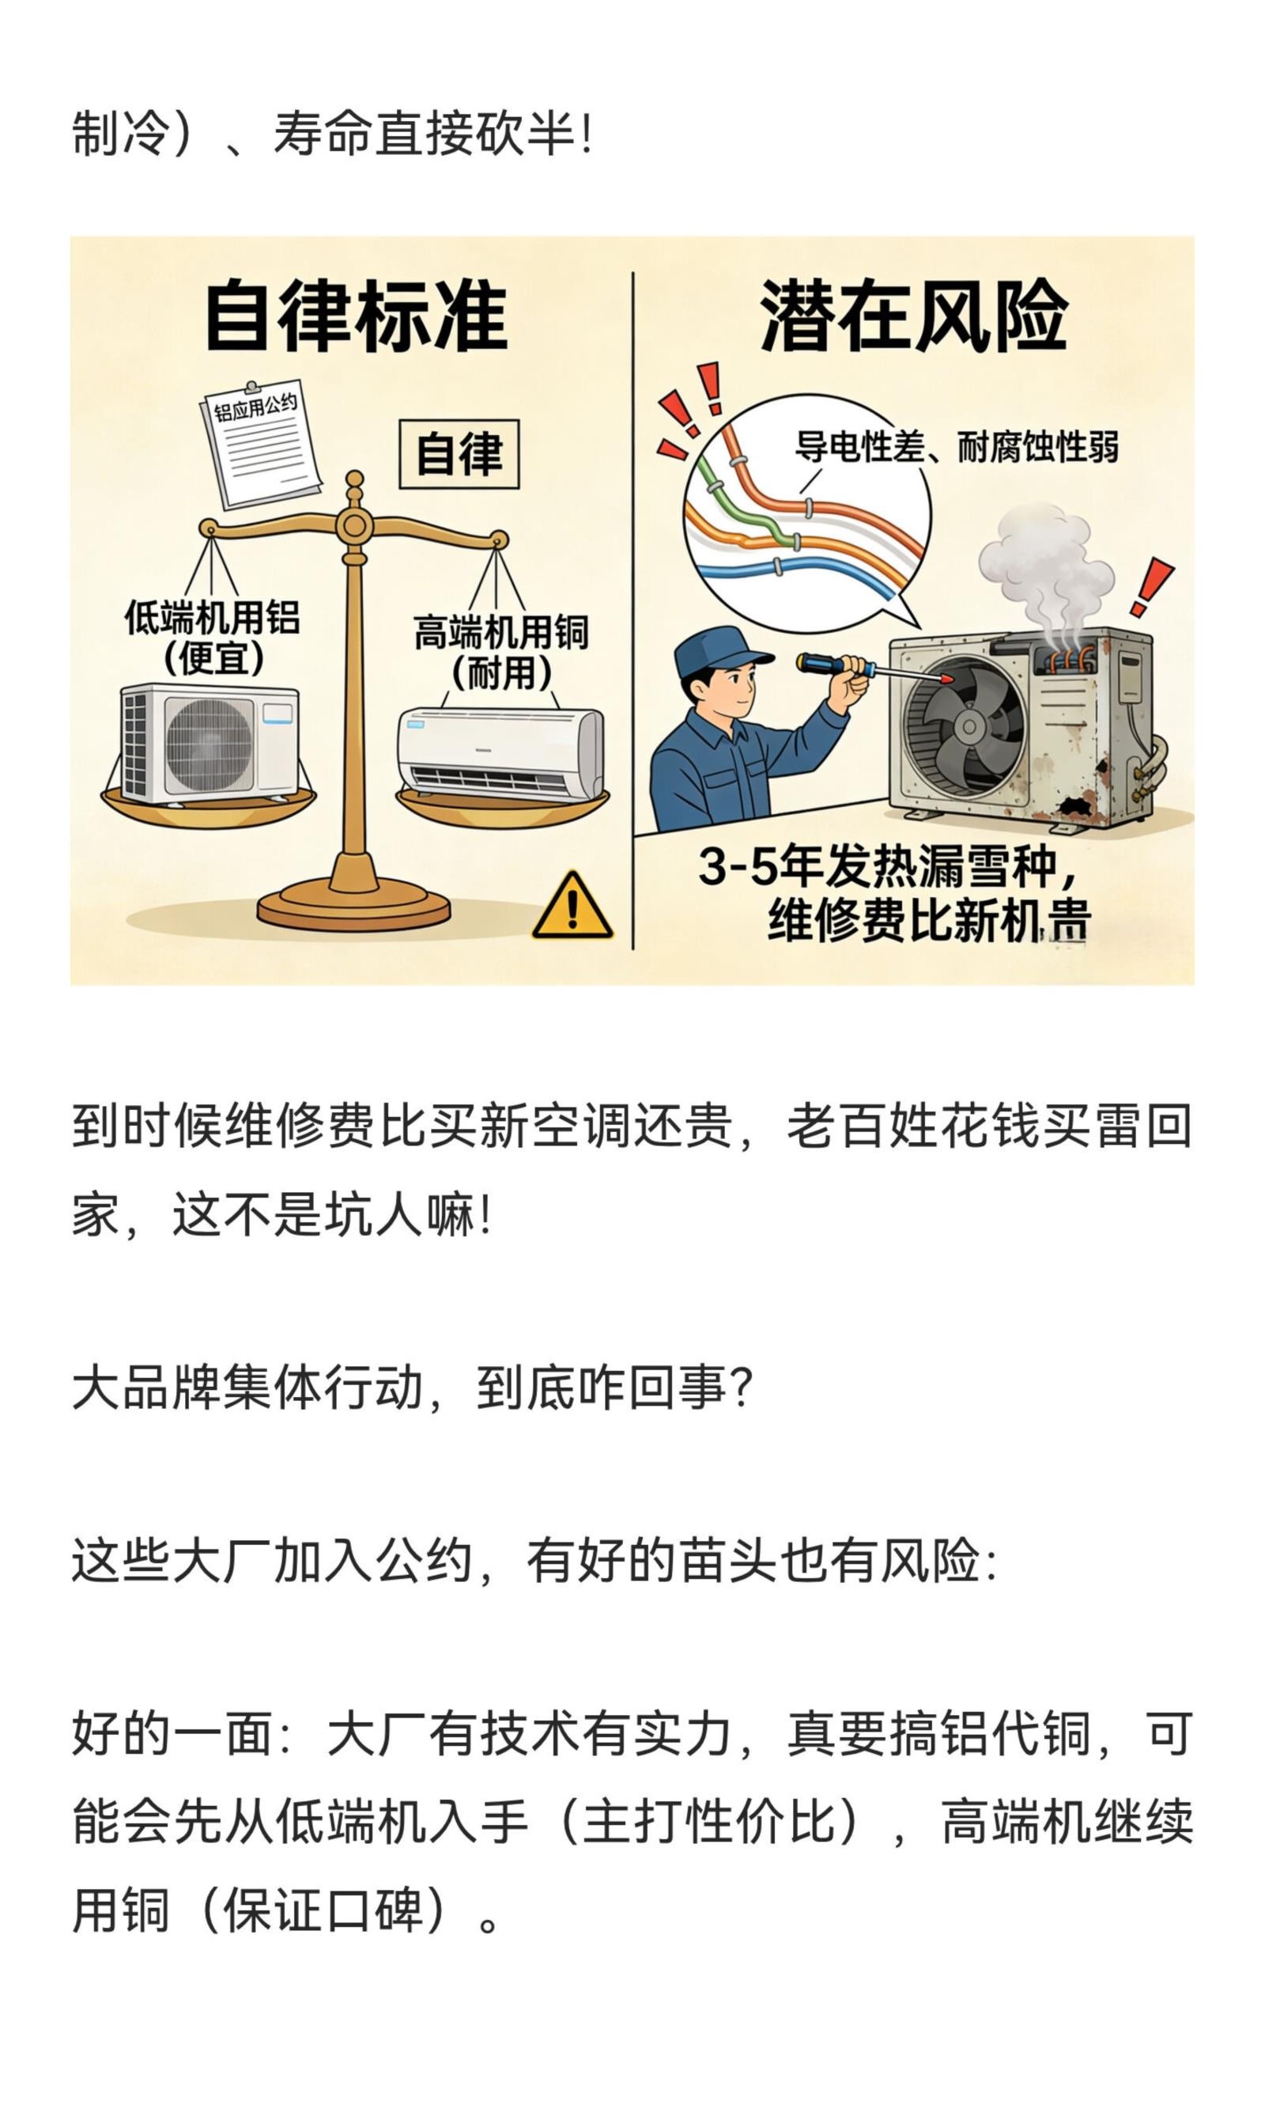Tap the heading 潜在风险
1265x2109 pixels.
(913, 316)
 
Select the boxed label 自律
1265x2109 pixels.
(459, 454)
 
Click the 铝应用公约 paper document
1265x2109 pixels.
(261, 444)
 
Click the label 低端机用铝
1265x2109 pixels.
(212, 616)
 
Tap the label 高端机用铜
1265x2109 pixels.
(500, 633)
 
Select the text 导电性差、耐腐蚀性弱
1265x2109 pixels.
(956, 446)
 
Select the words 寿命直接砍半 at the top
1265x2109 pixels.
(423, 134)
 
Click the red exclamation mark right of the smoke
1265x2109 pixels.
(1151, 587)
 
